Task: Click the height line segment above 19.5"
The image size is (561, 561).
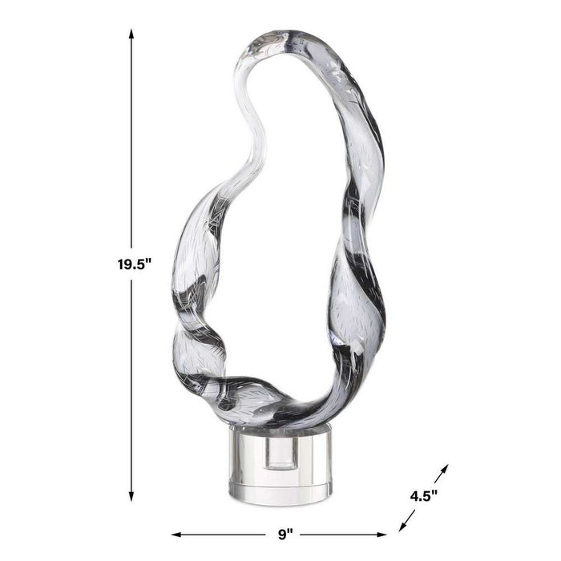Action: [x=131, y=144]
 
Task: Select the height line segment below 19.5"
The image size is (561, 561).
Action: [x=131, y=385]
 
